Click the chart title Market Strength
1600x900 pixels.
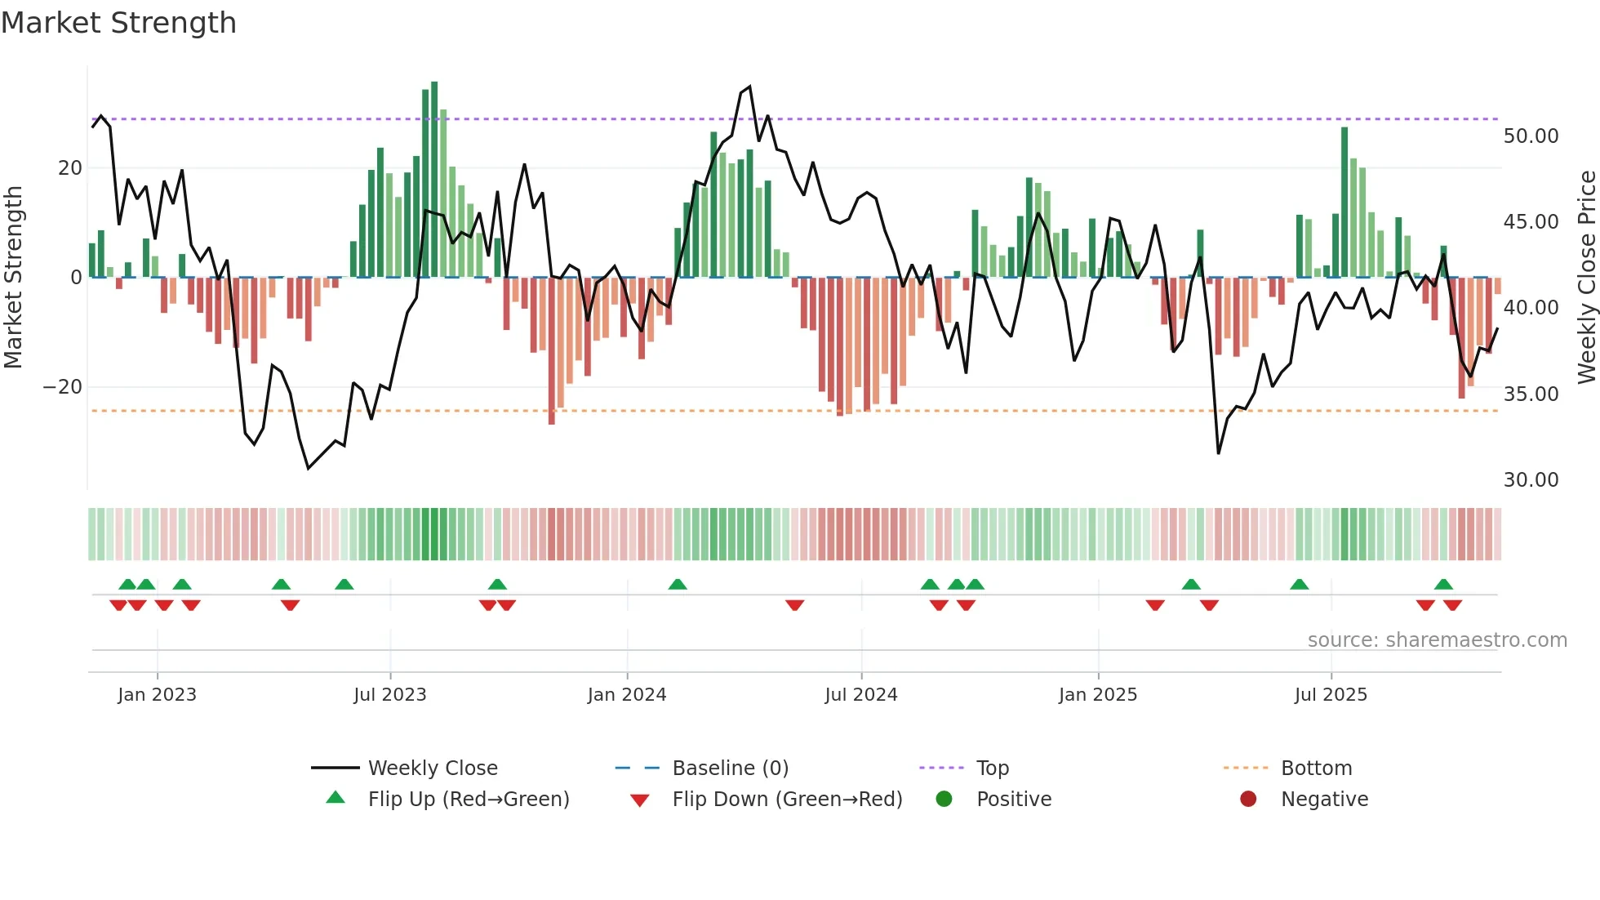pos(118,23)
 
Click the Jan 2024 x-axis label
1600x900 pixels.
pos(626,695)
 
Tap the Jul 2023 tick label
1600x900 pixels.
pos(389,695)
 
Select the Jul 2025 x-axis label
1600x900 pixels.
pos(1330,695)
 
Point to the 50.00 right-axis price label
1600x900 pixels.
pos(1531,136)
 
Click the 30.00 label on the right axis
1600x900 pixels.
pos(1531,480)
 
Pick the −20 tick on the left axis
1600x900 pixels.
pos(63,387)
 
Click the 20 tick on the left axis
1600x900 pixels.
pos(70,168)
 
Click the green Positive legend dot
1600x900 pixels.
pos(944,799)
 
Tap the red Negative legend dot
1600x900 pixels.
pos(1247,799)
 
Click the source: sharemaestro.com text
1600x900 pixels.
pos(1437,640)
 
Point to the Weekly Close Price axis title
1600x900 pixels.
pos(1586,278)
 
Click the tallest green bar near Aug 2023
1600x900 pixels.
pos(434,180)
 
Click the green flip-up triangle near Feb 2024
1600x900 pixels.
pos(678,584)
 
